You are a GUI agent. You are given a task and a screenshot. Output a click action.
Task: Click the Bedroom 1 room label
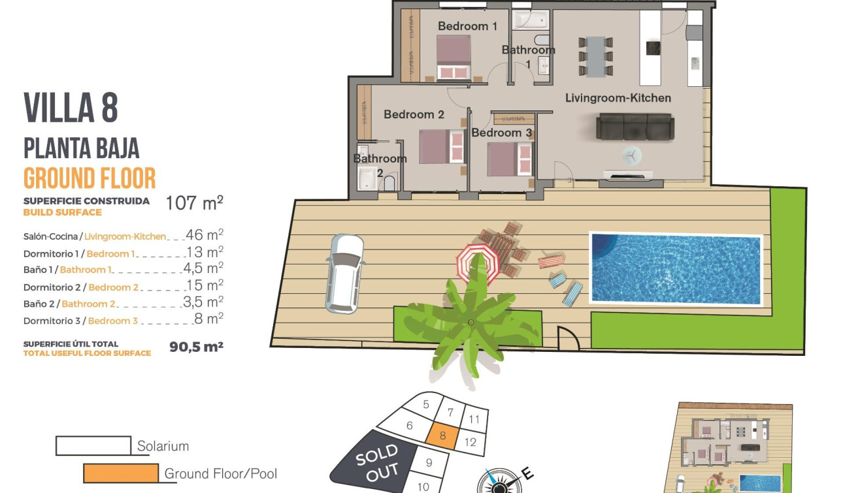point(467,26)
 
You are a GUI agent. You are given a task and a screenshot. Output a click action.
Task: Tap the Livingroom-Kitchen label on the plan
point(618,98)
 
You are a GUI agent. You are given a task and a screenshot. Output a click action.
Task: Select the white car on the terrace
point(344,273)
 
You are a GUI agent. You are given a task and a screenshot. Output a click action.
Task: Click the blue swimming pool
point(676,268)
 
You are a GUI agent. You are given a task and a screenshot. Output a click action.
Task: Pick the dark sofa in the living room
point(633,126)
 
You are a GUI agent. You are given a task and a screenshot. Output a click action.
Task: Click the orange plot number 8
point(443,436)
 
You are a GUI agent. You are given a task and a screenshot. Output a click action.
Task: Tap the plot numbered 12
point(471,442)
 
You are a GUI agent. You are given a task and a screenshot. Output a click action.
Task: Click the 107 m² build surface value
point(194,203)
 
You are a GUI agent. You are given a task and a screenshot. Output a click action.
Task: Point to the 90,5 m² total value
point(196,347)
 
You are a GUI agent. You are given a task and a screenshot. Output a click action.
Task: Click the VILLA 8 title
point(71,108)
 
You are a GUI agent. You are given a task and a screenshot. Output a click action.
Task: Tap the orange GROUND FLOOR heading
point(90,178)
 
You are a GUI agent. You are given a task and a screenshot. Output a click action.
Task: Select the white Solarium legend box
point(93,446)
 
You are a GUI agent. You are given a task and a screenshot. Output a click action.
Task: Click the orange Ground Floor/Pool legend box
point(121,473)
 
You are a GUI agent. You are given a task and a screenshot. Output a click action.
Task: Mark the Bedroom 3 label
point(501,133)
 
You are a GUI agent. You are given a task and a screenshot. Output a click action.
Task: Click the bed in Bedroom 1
point(454,57)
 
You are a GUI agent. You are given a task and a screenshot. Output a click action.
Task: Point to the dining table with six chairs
point(595,56)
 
